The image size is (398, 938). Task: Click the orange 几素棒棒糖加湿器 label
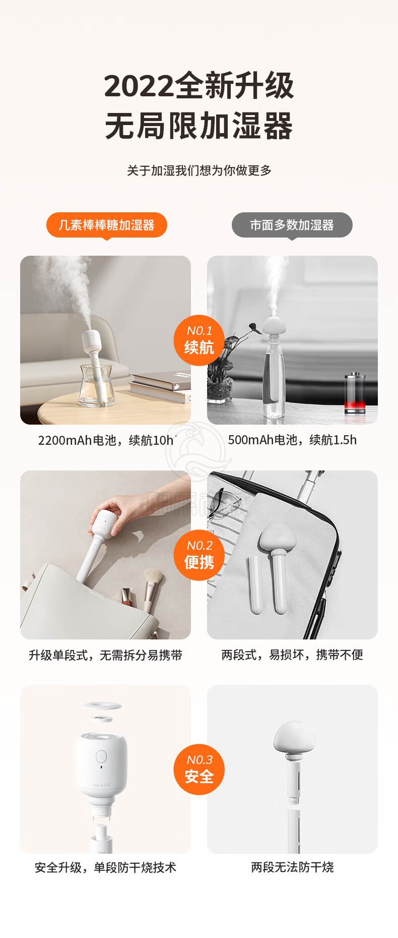pos(106,225)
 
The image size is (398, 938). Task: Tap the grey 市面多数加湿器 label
pos(292,225)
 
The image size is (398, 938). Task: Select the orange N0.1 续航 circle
pos(199,340)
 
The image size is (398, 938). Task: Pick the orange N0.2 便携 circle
pos(199,555)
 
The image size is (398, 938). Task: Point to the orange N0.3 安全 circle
pos(199,770)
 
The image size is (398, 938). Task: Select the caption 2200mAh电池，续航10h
pos(106,440)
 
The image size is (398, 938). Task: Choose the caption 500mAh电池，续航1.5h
pos(292,440)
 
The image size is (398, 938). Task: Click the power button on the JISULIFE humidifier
pos(101,756)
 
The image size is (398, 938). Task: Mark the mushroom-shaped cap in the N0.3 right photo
pos(294,737)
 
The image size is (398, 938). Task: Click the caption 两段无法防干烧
pos(292,867)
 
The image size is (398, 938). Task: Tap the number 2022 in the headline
pos(139,86)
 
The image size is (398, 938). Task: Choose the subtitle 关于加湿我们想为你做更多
pos(199,170)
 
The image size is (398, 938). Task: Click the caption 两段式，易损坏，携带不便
pos(292,655)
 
